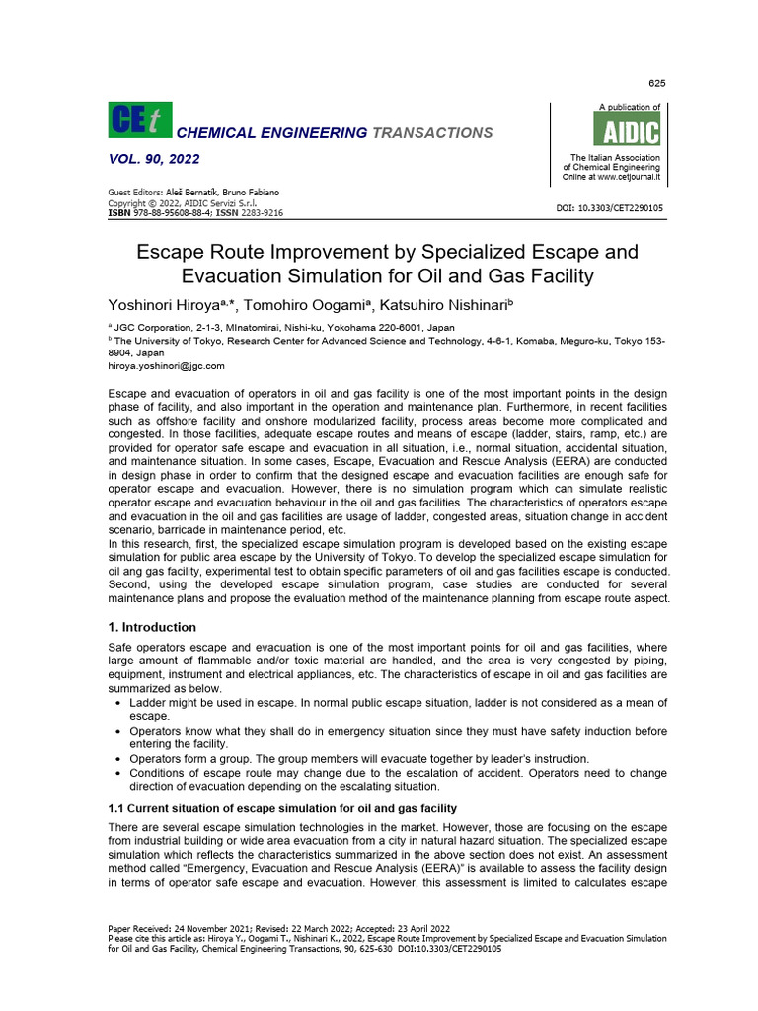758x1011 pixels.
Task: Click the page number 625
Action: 655,82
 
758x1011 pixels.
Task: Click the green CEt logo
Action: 139,120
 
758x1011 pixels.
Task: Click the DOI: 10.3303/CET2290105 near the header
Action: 611,208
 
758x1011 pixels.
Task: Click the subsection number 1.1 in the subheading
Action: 115,808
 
